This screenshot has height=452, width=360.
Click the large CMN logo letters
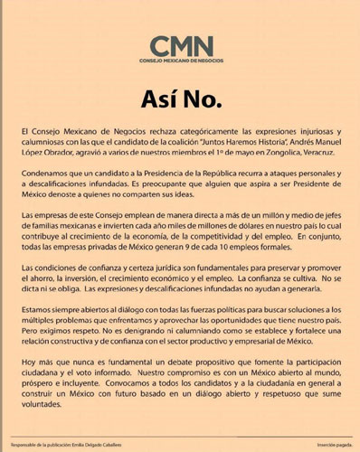tap(182, 45)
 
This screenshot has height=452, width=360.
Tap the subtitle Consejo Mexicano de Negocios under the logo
tap(182, 61)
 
